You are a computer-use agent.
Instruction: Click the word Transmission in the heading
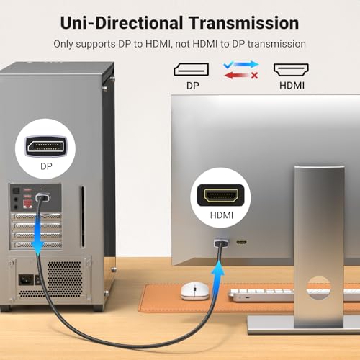[x=243, y=23]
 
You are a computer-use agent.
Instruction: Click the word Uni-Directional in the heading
[x=122, y=23]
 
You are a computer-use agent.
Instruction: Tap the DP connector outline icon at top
[x=192, y=69]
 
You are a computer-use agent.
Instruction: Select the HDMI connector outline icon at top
[x=291, y=70]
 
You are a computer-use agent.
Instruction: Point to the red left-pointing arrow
[x=237, y=76]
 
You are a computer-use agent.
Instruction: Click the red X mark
[x=254, y=76]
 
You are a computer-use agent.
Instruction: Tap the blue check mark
[x=228, y=65]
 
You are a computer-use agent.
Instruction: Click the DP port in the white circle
[x=45, y=146]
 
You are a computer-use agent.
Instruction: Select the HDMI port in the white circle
[x=221, y=195]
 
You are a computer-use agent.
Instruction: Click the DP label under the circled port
[x=46, y=166]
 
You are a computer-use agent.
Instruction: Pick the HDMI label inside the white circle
[x=222, y=215]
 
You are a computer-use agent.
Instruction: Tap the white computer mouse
[x=195, y=291]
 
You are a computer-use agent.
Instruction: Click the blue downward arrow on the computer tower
[x=38, y=234]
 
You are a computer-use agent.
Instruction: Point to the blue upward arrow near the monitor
[x=218, y=279]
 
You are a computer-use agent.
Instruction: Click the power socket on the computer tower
[x=26, y=280]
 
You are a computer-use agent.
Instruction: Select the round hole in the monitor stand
[x=319, y=288]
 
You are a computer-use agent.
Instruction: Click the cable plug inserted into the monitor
[x=221, y=243]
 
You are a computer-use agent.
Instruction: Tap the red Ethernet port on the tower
[x=27, y=204]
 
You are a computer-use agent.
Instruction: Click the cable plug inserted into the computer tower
[x=43, y=197]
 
